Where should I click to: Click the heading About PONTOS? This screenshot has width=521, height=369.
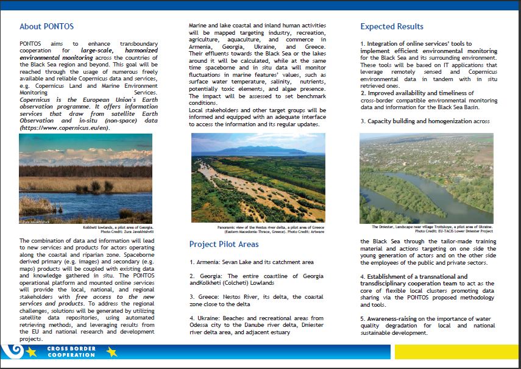pyautogui.click(x=46, y=27)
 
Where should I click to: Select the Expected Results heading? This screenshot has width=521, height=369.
pyautogui.click(x=391, y=27)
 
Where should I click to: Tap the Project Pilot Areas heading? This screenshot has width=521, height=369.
pyautogui.click(x=224, y=245)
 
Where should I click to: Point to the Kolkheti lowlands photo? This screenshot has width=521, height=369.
pyautogui.click(x=85, y=178)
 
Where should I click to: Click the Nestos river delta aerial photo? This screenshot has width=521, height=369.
pyautogui.click(x=258, y=177)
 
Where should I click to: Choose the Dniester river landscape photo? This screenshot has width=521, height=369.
pyautogui.click(x=426, y=178)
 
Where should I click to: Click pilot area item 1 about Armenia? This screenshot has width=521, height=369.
pyautogui.click(x=251, y=262)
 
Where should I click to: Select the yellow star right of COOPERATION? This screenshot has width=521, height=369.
pyautogui.click(x=112, y=352)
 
